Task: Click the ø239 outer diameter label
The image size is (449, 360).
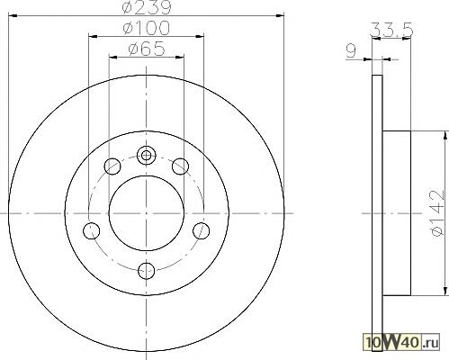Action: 147,7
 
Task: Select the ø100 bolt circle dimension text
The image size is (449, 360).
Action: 147,28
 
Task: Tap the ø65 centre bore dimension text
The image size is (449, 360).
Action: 147,49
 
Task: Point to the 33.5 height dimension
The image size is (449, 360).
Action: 391,30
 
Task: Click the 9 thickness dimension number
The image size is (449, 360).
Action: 351,50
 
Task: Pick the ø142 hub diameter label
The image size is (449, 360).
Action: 436,212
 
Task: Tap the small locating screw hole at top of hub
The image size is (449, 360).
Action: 146,156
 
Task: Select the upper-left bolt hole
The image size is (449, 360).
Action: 112,166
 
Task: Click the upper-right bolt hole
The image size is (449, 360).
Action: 180,166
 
